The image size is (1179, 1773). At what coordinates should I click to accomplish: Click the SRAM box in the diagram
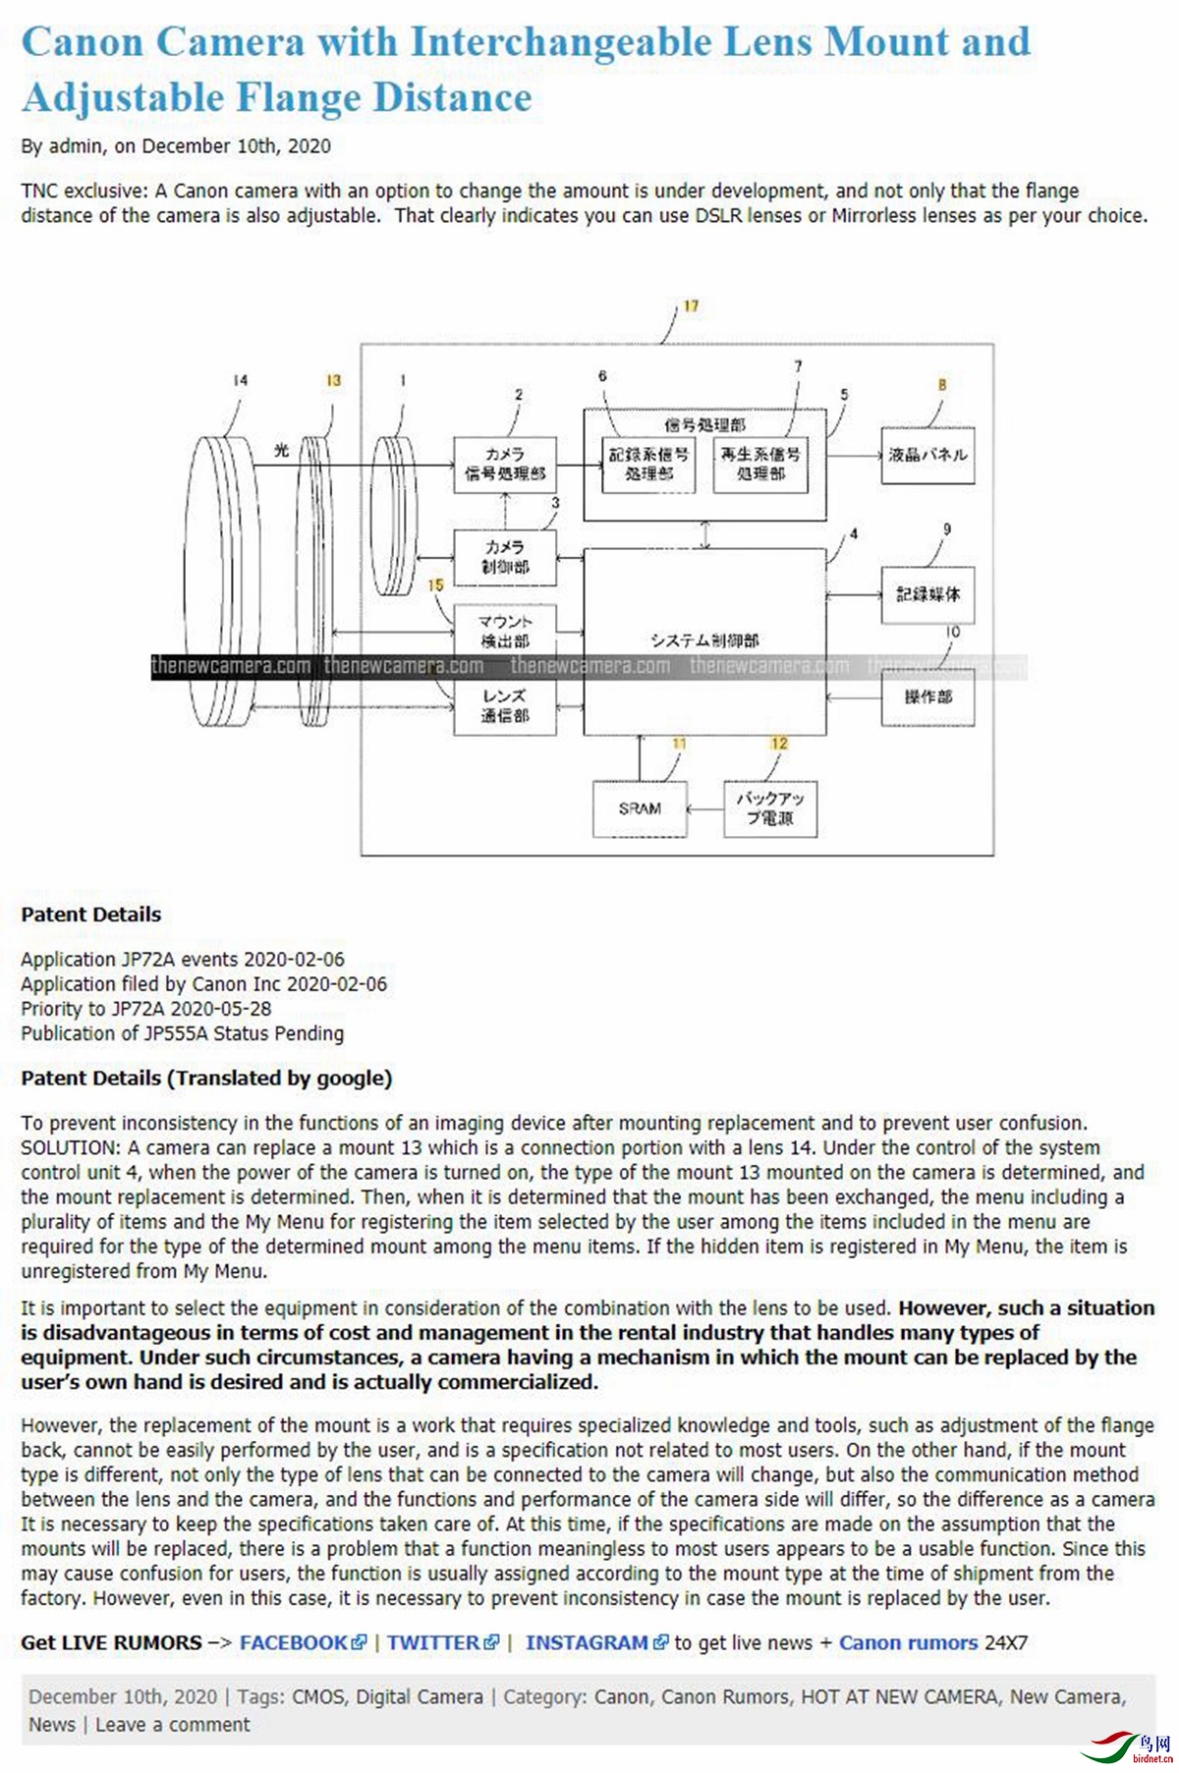point(640,808)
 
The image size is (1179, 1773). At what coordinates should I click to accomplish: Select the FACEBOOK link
point(294,1642)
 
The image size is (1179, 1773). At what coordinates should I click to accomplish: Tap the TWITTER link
point(433,1642)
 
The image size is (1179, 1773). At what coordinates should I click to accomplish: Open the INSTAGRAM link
point(587,1642)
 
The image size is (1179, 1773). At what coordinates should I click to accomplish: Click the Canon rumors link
point(908,1642)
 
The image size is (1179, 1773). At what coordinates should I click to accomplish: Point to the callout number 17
point(692,306)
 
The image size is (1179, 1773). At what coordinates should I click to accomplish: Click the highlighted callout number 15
point(435,585)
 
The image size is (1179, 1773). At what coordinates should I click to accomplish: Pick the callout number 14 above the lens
point(241,380)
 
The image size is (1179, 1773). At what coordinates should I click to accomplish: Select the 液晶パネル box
point(927,455)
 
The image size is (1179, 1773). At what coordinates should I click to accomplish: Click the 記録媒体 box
point(927,594)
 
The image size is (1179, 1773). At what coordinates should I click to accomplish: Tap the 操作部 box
point(927,697)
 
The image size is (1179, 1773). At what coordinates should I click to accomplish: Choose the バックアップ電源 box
point(770,808)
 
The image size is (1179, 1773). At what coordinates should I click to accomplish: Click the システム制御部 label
point(704,640)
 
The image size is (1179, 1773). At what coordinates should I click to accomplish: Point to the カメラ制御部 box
point(505,557)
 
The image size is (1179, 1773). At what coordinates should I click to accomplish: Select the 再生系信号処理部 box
point(760,464)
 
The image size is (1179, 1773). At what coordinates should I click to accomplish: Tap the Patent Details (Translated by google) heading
point(206,1078)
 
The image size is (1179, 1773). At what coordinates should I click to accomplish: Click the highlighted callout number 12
point(779,744)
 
